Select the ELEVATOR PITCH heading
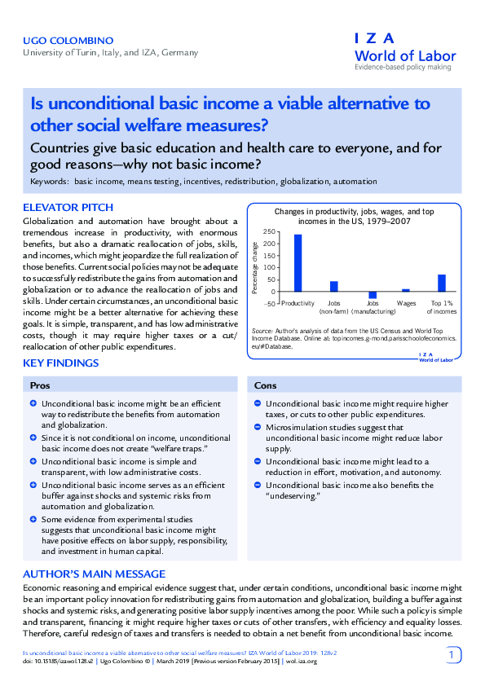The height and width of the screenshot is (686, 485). (68, 207)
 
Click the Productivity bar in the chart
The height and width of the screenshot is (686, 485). (298, 262)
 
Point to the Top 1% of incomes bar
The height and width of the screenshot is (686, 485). (442, 282)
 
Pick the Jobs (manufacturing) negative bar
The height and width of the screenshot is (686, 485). (373, 295)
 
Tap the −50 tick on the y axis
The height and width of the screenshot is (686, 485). (268, 303)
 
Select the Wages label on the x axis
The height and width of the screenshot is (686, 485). (406, 304)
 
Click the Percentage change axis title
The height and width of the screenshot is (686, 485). (254, 269)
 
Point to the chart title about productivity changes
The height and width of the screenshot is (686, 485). (348, 216)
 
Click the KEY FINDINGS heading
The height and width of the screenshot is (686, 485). (61, 363)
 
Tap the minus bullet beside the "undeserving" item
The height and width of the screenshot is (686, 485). (257, 485)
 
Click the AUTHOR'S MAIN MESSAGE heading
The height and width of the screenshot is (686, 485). (93, 574)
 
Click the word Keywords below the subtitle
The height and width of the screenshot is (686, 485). (49, 181)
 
